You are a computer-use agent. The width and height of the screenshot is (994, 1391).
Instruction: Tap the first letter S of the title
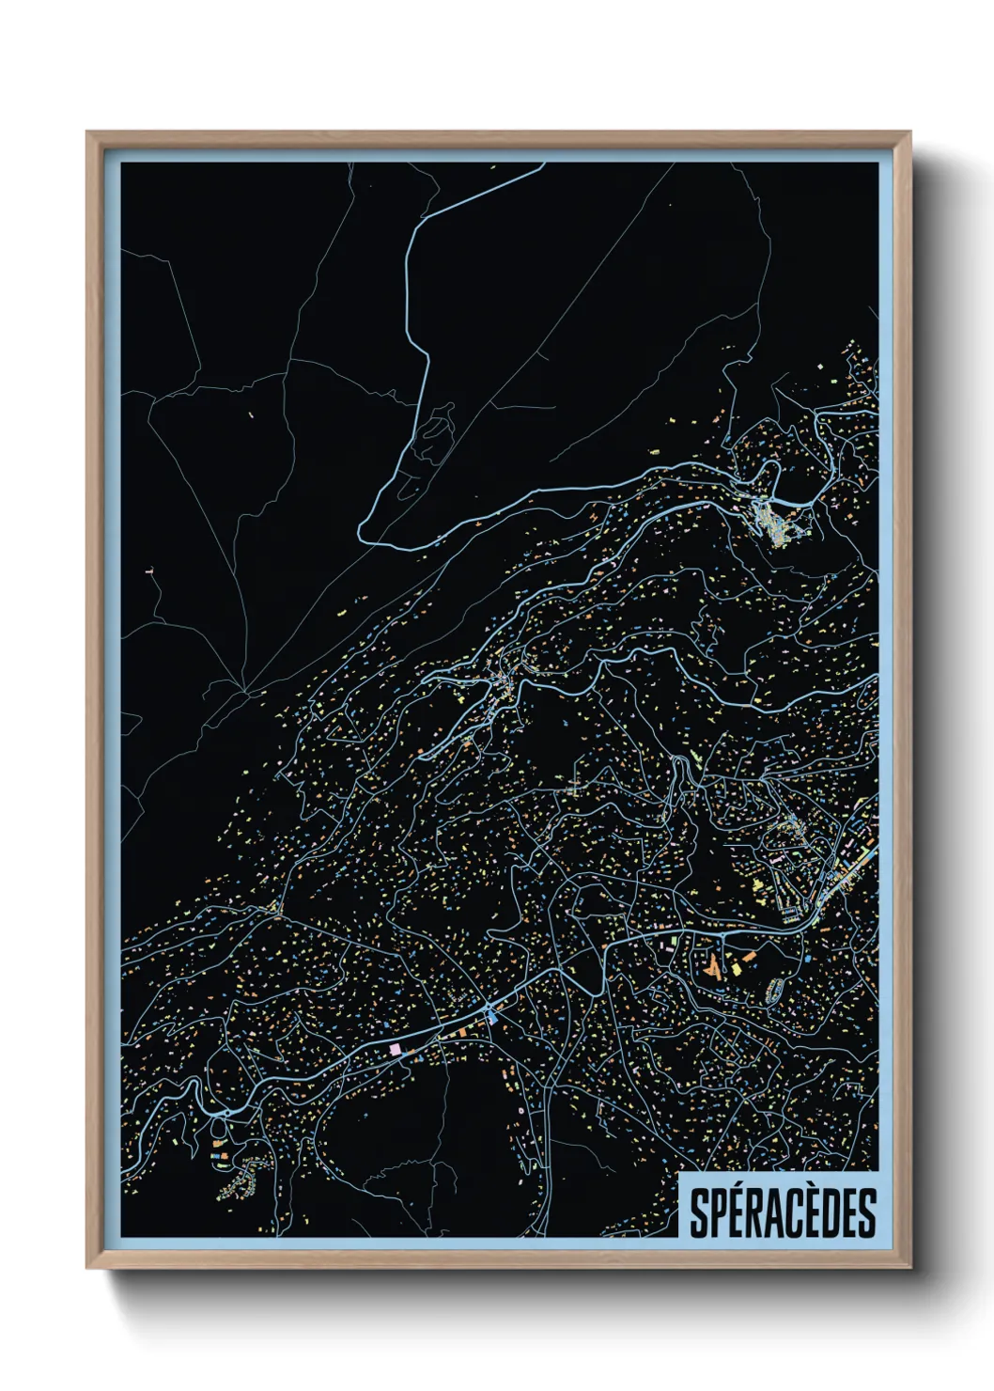(x=700, y=1213)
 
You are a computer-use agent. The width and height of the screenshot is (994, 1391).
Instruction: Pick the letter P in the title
(x=721, y=1213)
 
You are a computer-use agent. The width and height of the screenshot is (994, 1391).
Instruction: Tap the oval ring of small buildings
(x=776, y=988)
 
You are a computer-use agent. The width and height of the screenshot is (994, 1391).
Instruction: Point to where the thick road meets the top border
(x=543, y=165)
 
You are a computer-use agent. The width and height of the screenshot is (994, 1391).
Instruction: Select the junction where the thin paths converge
(x=246, y=691)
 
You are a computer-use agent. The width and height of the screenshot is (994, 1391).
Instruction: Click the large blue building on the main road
(x=491, y=1014)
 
